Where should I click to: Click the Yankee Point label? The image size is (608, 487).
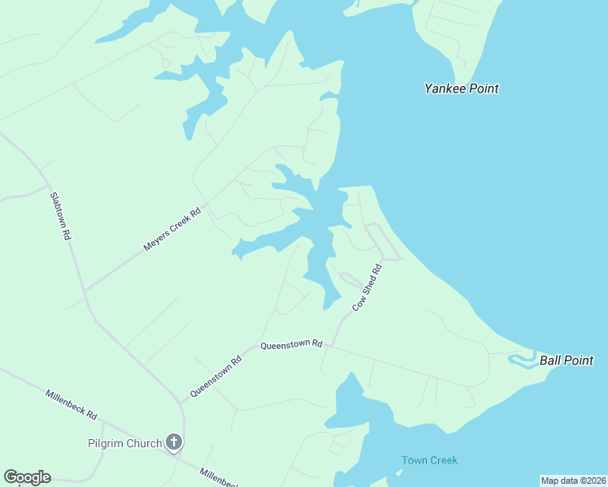pos(461,88)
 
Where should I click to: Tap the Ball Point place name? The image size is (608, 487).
pos(567,360)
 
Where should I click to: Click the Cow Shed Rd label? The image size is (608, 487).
pos(367,287)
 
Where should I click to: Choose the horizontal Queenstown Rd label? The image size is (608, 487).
pos(291,345)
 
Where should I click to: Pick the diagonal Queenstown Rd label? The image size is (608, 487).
pos(216,377)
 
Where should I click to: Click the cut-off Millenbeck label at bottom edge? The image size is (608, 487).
pos(218,476)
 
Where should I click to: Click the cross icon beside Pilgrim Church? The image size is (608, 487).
pos(173,442)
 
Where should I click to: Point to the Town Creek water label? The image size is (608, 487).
pos(429,460)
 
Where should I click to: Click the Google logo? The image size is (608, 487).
pos(27,477)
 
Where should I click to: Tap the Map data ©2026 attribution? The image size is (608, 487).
pos(573,481)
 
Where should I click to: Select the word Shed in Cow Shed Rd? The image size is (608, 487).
pos(367,287)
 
